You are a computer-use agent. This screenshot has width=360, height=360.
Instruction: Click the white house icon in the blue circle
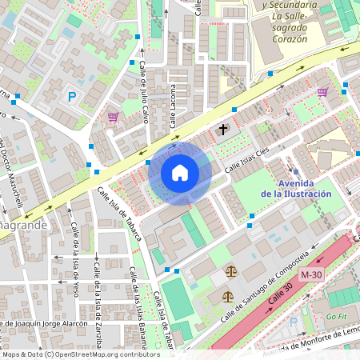point(180,172)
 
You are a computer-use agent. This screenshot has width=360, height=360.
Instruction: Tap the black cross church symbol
point(222,130)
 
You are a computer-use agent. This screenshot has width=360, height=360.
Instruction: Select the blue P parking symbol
point(72,98)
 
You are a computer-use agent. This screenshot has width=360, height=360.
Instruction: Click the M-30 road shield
point(312,274)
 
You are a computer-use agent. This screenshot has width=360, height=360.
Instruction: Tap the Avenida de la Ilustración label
point(296,189)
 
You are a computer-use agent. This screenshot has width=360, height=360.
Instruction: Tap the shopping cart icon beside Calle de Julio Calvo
point(113,117)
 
